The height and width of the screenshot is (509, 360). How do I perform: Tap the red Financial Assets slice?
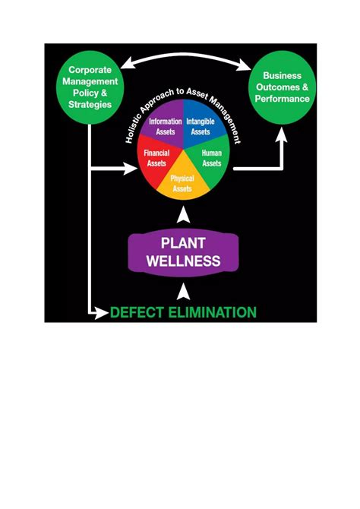[x=156, y=158]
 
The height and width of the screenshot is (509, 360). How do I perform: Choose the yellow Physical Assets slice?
[x=182, y=183]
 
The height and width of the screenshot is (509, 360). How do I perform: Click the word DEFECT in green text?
[x=137, y=312]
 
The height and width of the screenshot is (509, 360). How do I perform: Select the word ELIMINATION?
[x=212, y=312]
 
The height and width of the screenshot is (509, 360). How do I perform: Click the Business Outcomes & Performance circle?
[x=282, y=87]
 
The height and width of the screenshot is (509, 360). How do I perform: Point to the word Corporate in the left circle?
[x=90, y=70]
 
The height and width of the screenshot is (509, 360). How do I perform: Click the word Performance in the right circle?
[x=282, y=99]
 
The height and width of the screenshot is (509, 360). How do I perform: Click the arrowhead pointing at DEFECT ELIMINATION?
[x=102, y=312]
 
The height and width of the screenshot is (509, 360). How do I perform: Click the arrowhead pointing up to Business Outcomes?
[x=281, y=135]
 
